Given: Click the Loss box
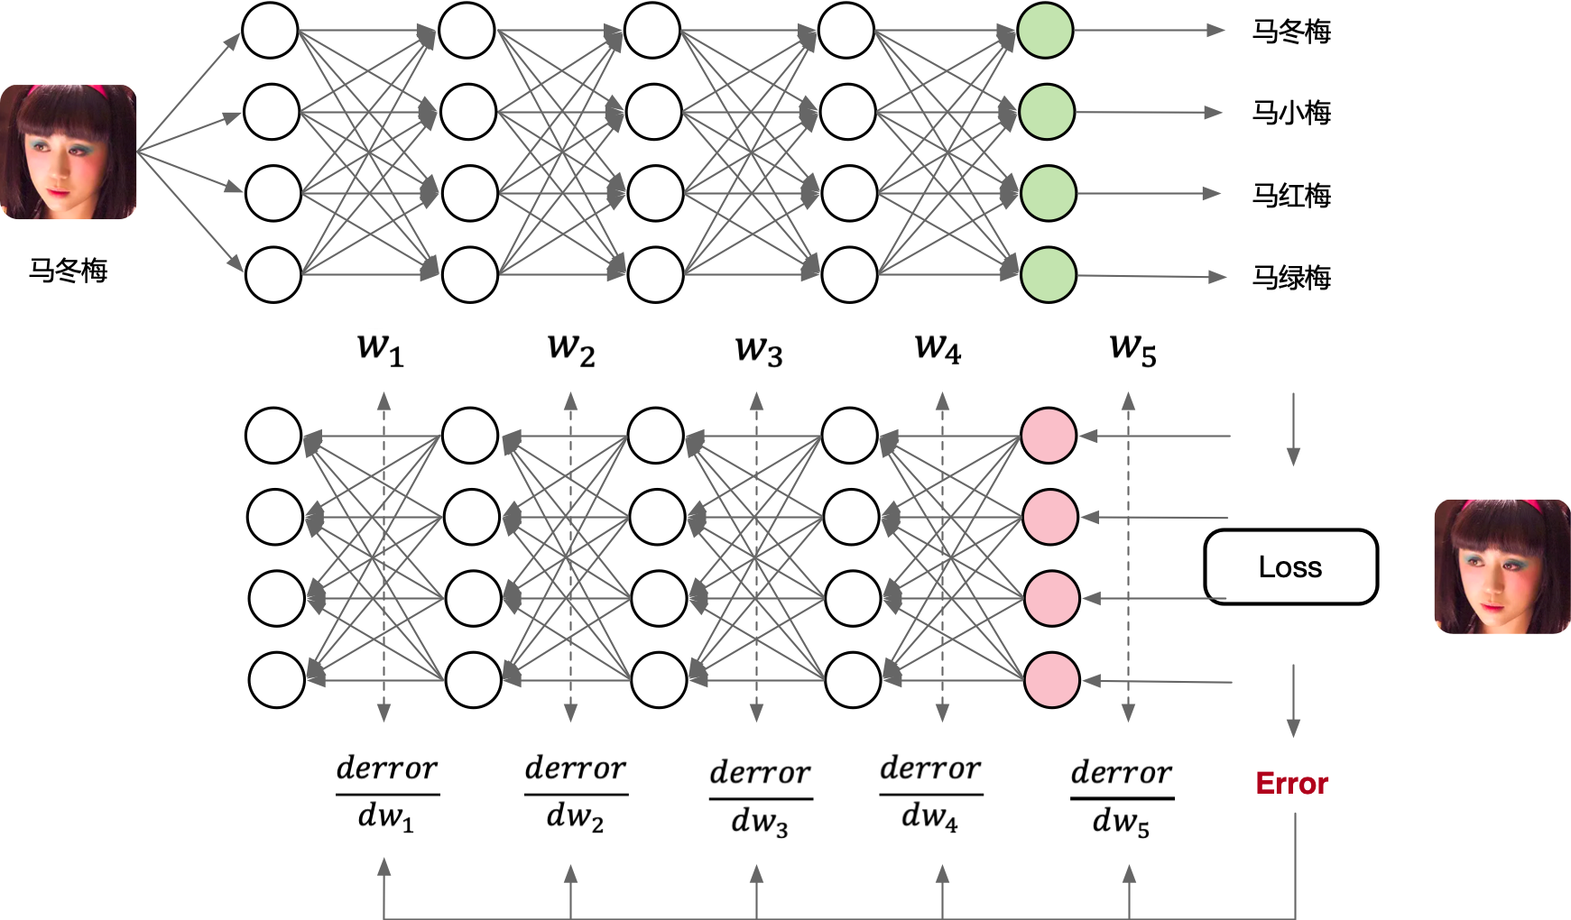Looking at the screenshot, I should [x=1290, y=566].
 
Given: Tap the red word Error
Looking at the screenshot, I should [x=1291, y=783].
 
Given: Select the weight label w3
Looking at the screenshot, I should [x=758, y=349].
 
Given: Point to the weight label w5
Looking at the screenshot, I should [x=1132, y=349].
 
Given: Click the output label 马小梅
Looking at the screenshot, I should [x=1291, y=113].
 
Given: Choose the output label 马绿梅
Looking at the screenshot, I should [x=1291, y=277].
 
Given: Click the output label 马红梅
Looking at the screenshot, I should [x=1291, y=195].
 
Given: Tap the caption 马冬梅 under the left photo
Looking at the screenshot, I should [x=69, y=270].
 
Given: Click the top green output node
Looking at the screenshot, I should [x=1045, y=31].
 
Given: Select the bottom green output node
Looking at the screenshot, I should [x=1049, y=274].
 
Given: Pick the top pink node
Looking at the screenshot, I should [x=1049, y=436].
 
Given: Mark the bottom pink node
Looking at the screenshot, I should [x=1052, y=679].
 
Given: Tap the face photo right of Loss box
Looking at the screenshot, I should [x=1502, y=566].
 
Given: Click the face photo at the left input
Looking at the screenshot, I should [x=69, y=152].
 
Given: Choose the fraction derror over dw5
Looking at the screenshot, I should [x=1122, y=798].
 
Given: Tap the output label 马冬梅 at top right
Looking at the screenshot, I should [x=1291, y=32].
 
